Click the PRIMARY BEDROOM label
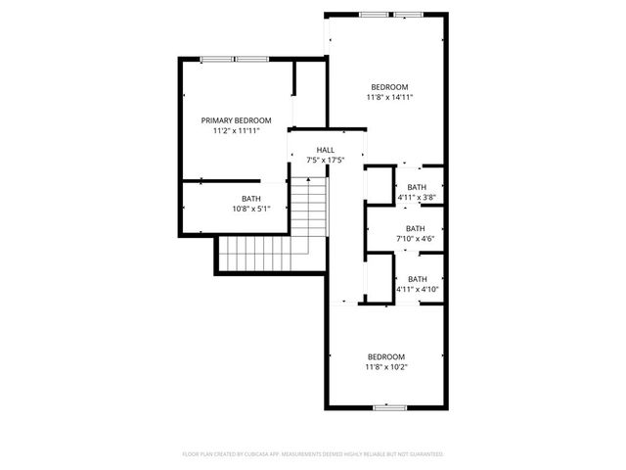tap(237, 120)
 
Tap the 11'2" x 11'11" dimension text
tap(237, 130)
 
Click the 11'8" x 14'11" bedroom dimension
tap(388, 97)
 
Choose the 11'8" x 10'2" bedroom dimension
tap(386, 367)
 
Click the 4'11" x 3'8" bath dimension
tap(417, 197)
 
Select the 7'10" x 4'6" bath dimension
tap(416, 238)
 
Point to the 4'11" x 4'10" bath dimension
tap(418, 289)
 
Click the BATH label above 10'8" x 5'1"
tap(251, 199)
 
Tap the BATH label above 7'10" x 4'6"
tap(416, 228)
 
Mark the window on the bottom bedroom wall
tap(387, 406)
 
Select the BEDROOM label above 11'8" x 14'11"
tap(388, 87)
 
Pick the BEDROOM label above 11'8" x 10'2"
tap(386, 356)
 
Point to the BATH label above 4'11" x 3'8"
tap(417, 187)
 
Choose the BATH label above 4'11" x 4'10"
tap(418, 279)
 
